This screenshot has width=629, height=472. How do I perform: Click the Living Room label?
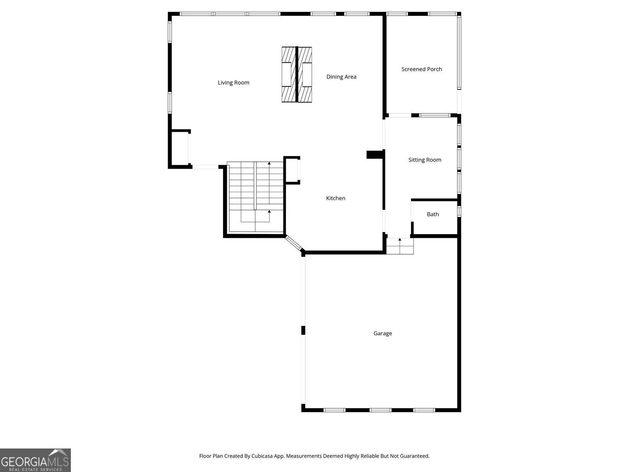click(x=233, y=83)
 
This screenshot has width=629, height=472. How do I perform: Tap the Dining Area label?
click(x=341, y=77)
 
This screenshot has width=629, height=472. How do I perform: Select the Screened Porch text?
click(x=421, y=69)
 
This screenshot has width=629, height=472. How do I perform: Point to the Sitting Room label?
click(x=425, y=160)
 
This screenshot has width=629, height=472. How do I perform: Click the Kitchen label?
click(x=335, y=198)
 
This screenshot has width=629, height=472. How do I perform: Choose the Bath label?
click(x=433, y=214)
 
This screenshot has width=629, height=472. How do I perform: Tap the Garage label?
click(x=382, y=334)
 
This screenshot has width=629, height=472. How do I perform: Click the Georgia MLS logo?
click(x=35, y=460)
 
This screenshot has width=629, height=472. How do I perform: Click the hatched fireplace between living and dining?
click(x=297, y=75)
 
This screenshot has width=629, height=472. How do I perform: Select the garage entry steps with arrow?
click(x=400, y=246)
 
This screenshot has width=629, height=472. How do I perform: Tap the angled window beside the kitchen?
click(x=293, y=243)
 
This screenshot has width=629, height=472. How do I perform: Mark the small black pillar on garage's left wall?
click(x=303, y=330)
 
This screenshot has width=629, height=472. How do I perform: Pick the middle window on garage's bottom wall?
click(x=380, y=410)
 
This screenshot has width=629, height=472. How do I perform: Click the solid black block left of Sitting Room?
click(x=375, y=155)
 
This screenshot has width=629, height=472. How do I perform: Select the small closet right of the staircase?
click(x=292, y=170)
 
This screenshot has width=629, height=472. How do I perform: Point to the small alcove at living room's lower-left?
click(x=180, y=149)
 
